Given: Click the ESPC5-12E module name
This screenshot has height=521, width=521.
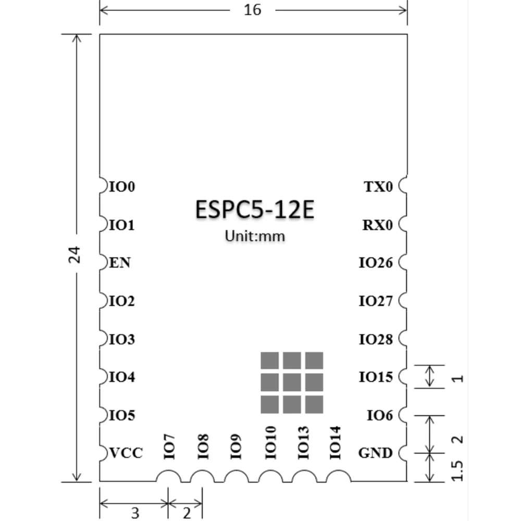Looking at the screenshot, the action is pyautogui.click(x=255, y=209).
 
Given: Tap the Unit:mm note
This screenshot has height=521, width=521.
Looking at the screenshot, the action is pyautogui.click(x=255, y=236).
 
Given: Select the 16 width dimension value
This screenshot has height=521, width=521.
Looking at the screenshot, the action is pyautogui.click(x=253, y=10).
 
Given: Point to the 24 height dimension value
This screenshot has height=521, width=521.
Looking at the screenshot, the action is pyautogui.click(x=75, y=255).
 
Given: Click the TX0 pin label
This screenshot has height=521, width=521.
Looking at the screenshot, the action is pyautogui.click(x=378, y=187).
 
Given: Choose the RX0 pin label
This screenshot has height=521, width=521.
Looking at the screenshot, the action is pyautogui.click(x=378, y=225).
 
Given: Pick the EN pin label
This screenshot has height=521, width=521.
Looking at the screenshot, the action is pyautogui.click(x=120, y=263).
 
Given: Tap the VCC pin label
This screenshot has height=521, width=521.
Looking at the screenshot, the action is pyautogui.click(x=126, y=453).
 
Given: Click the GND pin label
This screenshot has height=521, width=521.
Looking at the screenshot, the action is pyautogui.click(x=376, y=453).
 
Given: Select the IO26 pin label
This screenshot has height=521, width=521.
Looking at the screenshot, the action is pyautogui.click(x=376, y=263).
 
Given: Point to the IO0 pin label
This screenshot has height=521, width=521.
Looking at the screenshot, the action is pyautogui.click(x=122, y=187).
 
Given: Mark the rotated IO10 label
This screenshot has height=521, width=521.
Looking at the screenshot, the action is pyautogui.click(x=271, y=442).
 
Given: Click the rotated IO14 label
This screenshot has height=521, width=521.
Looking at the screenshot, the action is pyautogui.click(x=335, y=442).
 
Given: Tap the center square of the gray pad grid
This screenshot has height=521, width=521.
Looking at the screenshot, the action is pyautogui.click(x=292, y=382).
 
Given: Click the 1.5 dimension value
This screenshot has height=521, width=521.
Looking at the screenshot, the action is pyautogui.click(x=457, y=470).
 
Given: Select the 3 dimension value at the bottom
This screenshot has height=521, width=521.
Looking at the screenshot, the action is pyautogui.click(x=135, y=513).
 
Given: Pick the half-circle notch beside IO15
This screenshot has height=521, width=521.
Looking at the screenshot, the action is pyautogui.click(x=402, y=377).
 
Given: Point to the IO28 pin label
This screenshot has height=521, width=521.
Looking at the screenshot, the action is pyautogui.click(x=376, y=340).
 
